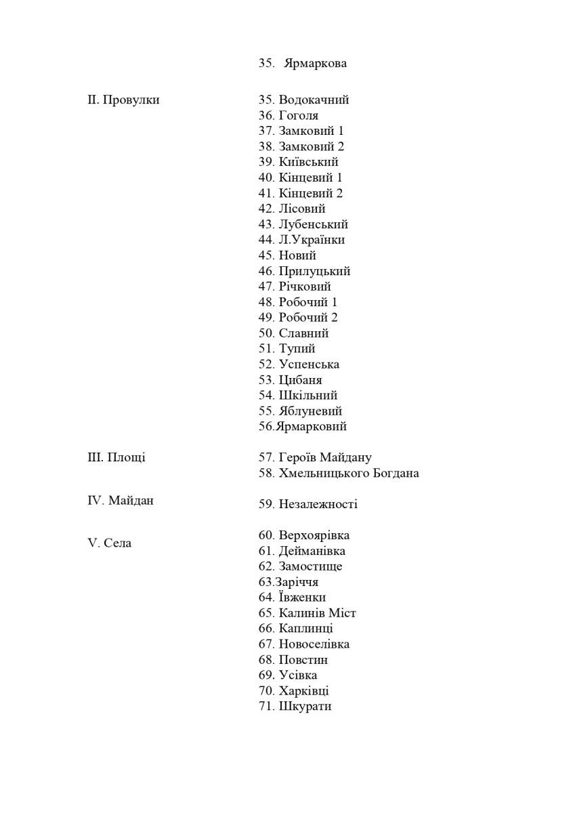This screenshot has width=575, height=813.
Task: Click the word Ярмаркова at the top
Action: click(316, 64)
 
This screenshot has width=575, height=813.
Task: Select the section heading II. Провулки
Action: click(123, 100)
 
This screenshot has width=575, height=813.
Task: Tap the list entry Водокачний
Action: click(314, 100)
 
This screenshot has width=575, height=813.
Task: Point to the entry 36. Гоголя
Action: click(289, 116)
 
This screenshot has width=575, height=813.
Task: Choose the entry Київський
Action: click(308, 163)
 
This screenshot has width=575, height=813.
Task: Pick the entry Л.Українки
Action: click(312, 241)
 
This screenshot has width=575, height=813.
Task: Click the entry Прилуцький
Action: click(314, 272)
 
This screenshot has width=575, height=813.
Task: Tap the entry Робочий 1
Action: click(308, 303)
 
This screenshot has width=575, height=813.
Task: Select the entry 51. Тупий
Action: click(287, 350)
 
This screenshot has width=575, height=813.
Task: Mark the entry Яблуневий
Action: click(310, 412)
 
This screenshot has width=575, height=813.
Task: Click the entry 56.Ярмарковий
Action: click(303, 428)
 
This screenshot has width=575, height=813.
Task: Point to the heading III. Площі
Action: click(116, 458)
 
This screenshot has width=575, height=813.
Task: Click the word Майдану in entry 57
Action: click(347, 459)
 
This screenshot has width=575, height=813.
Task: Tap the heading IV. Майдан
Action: click(121, 501)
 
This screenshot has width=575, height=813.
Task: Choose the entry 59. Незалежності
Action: click(308, 505)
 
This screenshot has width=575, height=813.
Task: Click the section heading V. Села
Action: click(110, 544)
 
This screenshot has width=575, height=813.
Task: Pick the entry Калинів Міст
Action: click(317, 614)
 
